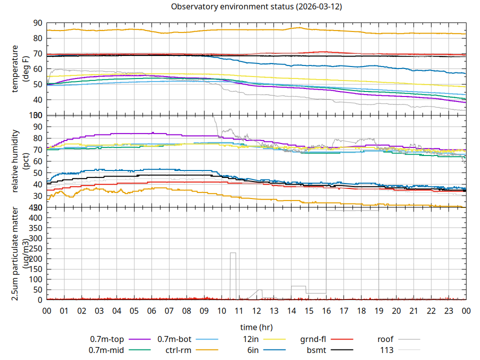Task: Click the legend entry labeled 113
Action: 387,350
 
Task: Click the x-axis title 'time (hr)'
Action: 256,327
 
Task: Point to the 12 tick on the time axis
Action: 256,310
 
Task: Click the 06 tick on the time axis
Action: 151,310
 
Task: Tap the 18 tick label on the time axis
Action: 361,310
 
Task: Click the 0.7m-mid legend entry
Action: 107,350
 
